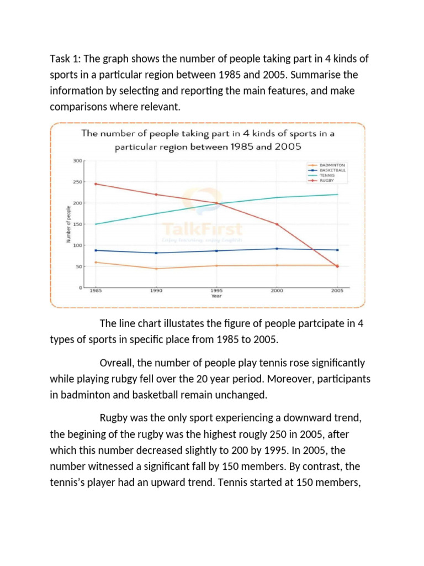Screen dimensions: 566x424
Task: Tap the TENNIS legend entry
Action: tap(327, 175)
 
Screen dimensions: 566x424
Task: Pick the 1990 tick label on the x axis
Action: tap(157, 290)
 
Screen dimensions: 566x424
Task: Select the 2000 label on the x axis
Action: tap(277, 290)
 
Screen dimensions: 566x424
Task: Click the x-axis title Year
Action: tap(216, 296)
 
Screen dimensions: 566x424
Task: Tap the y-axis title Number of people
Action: tap(68, 224)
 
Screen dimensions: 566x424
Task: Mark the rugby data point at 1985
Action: tap(96, 184)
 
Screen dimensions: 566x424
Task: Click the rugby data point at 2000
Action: tap(277, 224)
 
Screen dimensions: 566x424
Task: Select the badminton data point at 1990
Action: tap(157, 269)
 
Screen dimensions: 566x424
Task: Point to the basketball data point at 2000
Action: tap(277, 249)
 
